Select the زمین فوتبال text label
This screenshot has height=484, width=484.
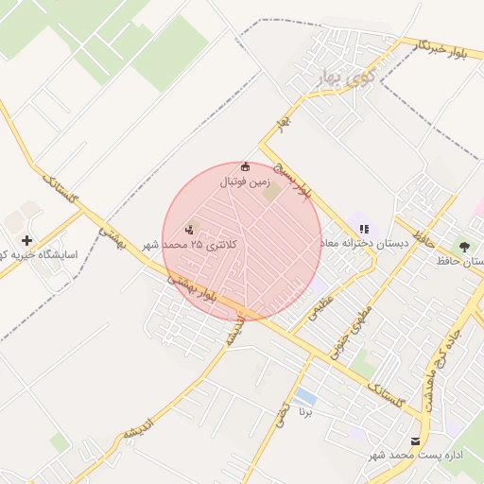point(247,181)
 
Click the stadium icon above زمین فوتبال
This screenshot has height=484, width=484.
point(247,166)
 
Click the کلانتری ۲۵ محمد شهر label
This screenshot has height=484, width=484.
point(193,244)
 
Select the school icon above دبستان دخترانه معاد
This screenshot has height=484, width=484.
point(364,229)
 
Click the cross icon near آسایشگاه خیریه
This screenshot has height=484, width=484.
point(27,241)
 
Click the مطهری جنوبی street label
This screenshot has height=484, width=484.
point(351,330)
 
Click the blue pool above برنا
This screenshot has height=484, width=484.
point(304,395)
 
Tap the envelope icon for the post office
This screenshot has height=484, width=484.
point(415,441)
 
